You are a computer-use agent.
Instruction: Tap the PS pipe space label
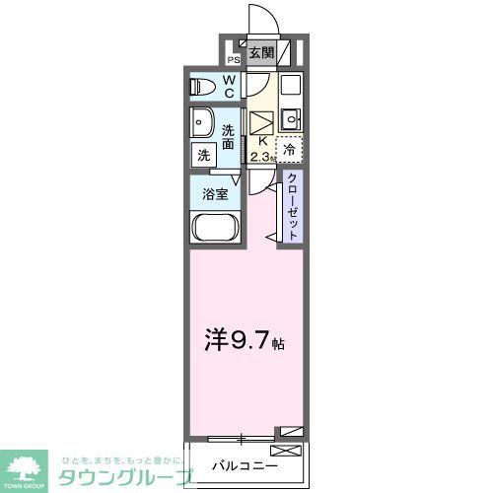pos(234,58)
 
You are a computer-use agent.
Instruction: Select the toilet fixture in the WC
pos(201,86)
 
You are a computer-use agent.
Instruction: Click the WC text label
pos(228,87)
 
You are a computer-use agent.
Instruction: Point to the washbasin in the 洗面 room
pos(203,125)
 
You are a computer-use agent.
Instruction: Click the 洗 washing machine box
pos(202,155)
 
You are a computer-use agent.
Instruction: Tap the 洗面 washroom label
pos(229,137)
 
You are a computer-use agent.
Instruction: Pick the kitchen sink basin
pos(289,121)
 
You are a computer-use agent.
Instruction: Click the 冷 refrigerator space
pos(290,150)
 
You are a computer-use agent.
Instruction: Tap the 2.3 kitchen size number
pos(260,157)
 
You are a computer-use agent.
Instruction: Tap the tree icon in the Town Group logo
pos(30,464)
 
